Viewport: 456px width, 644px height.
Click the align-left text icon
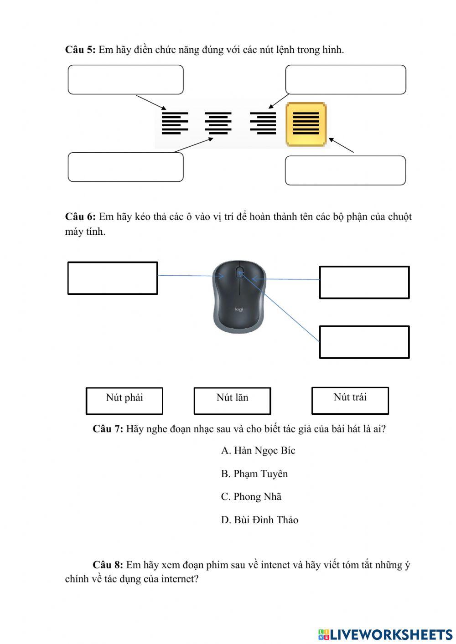pyautogui.click(x=175, y=123)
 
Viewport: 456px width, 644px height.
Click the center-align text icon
pyautogui.click(x=218, y=123)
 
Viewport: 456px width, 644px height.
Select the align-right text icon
pyautogui.click(x=263, y=123)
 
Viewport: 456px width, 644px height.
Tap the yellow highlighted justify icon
pyautogui.click(x=306, y=124)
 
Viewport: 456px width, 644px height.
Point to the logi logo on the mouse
pyautogui.click(x=239, y=309)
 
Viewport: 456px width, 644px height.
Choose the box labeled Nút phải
pyautogui.click(x=124, y=401)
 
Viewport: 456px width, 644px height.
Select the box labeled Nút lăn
pyautogui.click(x=232, y=401)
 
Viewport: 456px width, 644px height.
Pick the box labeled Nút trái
pyautogui.click(x=350, y=401)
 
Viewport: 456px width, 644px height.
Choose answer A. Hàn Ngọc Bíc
pyautogui.click(x=258, y=450)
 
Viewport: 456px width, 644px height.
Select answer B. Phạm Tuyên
pyautogui.click(x=254, y=474)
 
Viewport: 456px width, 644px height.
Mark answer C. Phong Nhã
pyautogui.click(x=251, y=496)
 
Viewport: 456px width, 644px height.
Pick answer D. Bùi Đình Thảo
pyautogui.click(x=259, y=520)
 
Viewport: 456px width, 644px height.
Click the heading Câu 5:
pyautogui.click(x=80, y=50)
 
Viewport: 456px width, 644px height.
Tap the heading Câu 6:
pyautogui.click(x=80, y=216)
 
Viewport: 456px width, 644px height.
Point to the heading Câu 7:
pyautogui.click(x=108, y=429)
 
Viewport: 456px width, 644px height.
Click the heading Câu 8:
pyautogui.click(x=108, y=565)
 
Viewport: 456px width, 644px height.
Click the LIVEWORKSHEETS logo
pyautogui.click(x=385, y=634)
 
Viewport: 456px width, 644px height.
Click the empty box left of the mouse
pyautogui.click(x=113, y=278)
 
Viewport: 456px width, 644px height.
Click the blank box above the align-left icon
pyautogui.click(x=126, y=80)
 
